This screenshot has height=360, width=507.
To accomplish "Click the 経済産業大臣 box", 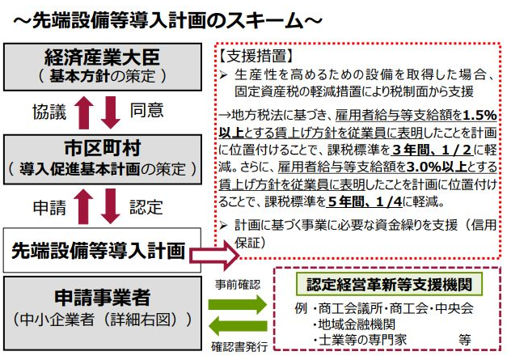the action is pyautogui.click(x=103, y=67).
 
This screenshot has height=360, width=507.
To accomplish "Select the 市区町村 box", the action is pyautogui.click(x=103, y=159).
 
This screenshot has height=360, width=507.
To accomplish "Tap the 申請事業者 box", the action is pyautogui.click(x=103, y=313).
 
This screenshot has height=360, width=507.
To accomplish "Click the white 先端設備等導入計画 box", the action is pyautogui.click(x=102, y=250).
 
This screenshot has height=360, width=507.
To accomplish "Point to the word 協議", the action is pyautogui.click(x=49, y=112).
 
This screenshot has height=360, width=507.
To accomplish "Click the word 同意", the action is pyautogui.click(x=146, y=110).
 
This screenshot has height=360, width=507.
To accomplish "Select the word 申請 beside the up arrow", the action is pyautogui.click(x=49, y=207).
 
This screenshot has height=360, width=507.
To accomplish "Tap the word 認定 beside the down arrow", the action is pyautogui.click(x=146, y=207).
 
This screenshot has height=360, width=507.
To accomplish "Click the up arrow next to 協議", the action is pyautogui.click(x=84, y=112).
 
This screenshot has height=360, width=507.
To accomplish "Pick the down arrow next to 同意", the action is pyautogui.click(x=111, y=112).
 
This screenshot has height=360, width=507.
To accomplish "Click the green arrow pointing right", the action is pyautogui.click(x=238, y=305).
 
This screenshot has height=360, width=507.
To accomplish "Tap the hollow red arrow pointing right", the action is pyautogui.click(x=214, y=255).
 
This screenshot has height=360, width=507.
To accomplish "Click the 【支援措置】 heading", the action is pyautogui.click(x=256, y=56).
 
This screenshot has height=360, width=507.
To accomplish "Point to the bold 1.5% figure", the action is pyautogui.click(x=480, y=115).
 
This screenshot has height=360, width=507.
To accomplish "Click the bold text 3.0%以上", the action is pyautogui.click(x=437, y=167).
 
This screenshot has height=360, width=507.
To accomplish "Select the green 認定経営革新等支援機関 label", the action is pyautogui.click(x=389, y=284).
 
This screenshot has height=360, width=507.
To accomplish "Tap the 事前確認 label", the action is pyautogui.click(x=238, y=285).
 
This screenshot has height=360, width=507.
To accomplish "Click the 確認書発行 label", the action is pyautogui.click(x=239, y=347).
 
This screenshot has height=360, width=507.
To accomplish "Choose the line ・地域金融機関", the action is pyautogui.click(x=353, y=324).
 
